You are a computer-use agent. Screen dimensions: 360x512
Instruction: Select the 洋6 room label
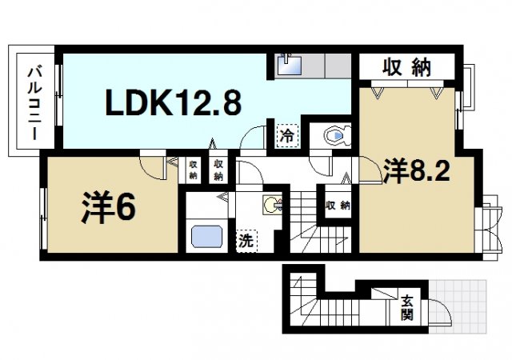point(106,207)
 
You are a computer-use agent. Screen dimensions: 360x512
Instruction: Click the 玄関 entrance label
point(408,308)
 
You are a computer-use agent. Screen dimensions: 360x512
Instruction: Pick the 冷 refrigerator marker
point(286,136)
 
